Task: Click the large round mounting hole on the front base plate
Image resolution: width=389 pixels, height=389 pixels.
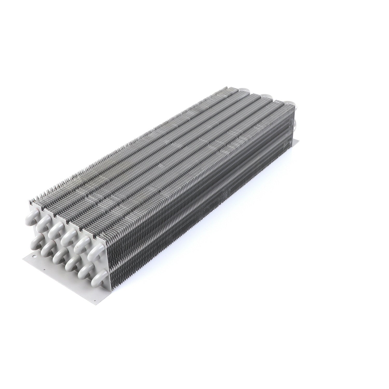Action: (x=33, y=258)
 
